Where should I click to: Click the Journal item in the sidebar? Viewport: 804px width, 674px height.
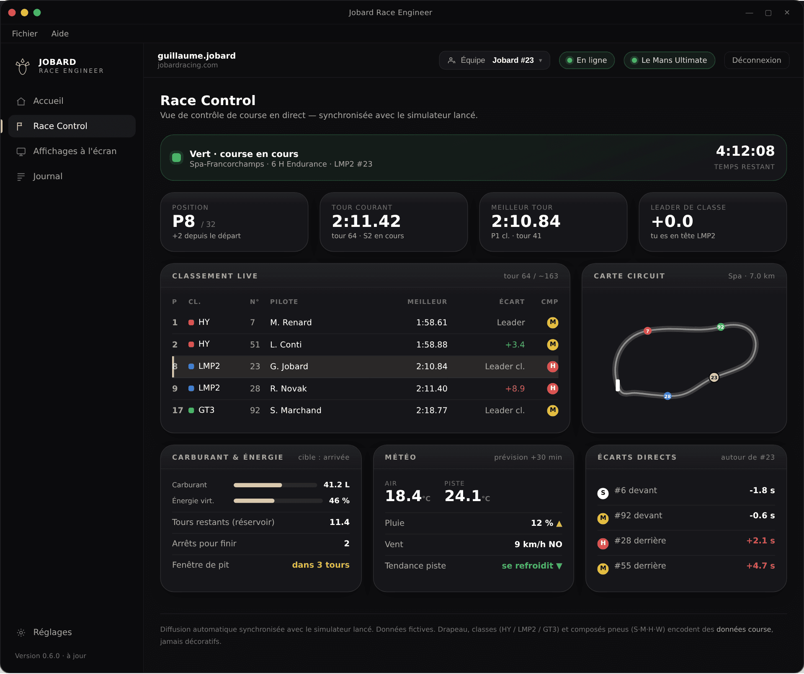pos(48,176)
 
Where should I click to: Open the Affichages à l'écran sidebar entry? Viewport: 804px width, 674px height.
pos(75,151)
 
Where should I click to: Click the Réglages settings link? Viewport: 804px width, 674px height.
pos(52,632)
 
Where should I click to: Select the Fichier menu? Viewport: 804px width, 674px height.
pos(25,33)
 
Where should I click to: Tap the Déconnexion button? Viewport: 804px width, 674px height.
pos(756,60)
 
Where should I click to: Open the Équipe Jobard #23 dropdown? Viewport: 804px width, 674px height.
pos(495,60)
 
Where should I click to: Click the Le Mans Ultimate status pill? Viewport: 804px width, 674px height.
pos(669,60)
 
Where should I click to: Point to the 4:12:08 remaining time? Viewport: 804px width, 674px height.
pos(745,151)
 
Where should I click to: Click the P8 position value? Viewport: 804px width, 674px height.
pos(183,221)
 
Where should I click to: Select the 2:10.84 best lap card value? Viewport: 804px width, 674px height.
pos(526,221)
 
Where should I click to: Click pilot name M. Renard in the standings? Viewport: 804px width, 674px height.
pos(291,322)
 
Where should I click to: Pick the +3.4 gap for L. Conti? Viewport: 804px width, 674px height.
pos(515,345)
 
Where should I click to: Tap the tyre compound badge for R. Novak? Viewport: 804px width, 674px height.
pos(553,388)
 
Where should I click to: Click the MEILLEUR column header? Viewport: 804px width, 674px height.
pos(427,302)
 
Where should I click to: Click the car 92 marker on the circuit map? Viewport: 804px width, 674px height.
pos(721,327)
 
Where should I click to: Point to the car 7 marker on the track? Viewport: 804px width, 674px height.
pos(648,331)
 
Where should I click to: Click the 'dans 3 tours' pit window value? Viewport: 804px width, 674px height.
pos(321,565)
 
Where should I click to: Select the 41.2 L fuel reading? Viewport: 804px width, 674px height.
pos(336,485)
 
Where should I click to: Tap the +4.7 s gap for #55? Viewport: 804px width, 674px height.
pos(760,566)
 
